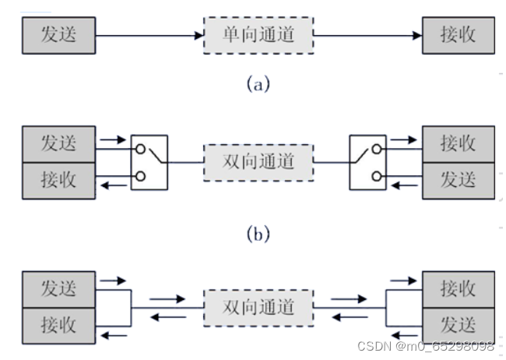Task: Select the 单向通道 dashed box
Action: (x=258, y=36)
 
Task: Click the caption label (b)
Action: (x=258, y=232)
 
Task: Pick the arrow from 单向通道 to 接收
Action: (x=366, y=36)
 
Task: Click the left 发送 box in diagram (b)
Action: (x=59, y=144)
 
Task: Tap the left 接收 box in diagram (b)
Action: (x=59, y=178)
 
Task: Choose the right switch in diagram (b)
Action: (x=367, y=161)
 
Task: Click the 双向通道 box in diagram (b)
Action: (x=258, y=161)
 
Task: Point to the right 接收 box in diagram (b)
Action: (x=458, y=144)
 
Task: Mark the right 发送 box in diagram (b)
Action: (x=458, y=178)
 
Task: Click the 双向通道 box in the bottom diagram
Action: (x=258, y=306)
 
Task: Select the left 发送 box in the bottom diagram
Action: (x=59, y=289)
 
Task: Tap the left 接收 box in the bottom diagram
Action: (x=59, y=323)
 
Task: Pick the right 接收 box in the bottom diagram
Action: (x=458, y=289)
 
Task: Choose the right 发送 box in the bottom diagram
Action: (x=458, y=323)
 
